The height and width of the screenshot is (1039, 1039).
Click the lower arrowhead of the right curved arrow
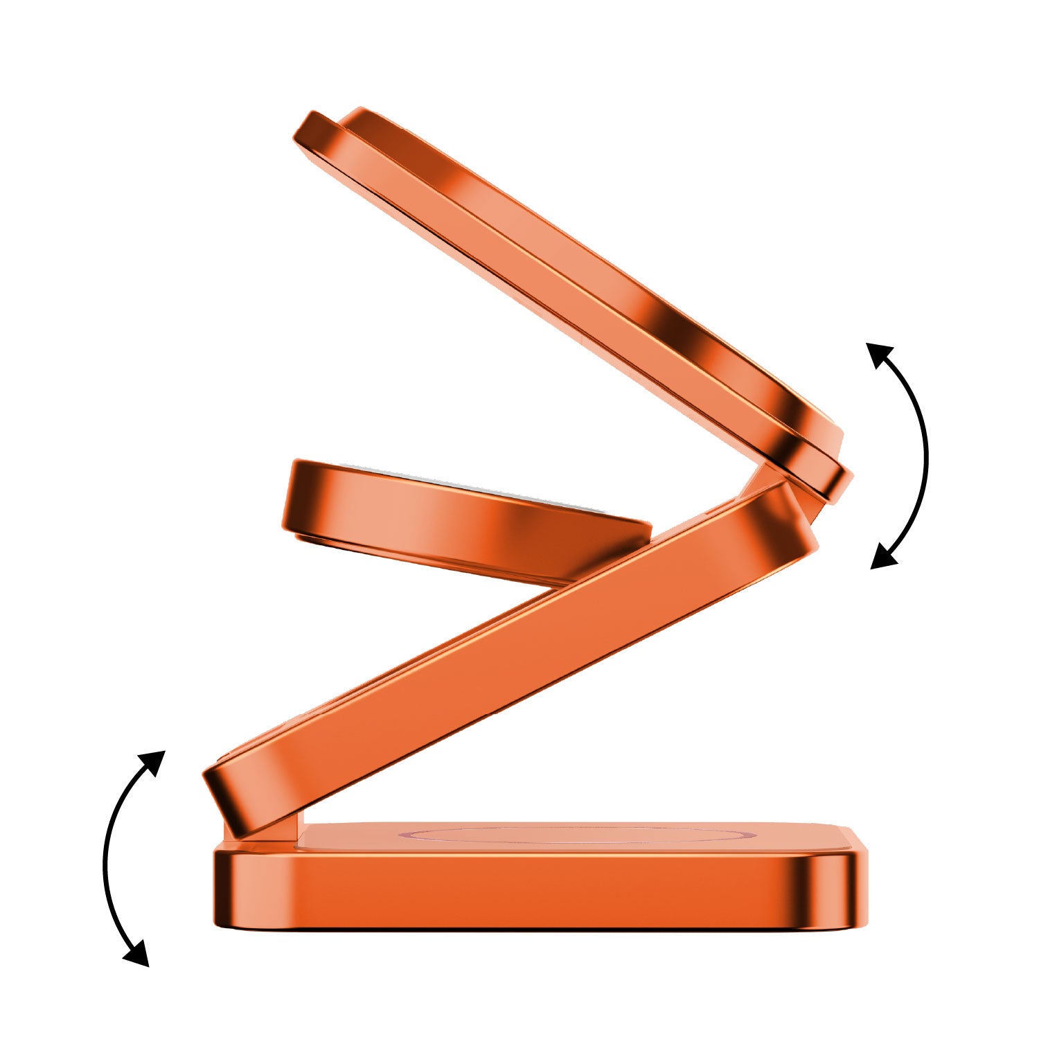(882, 558)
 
